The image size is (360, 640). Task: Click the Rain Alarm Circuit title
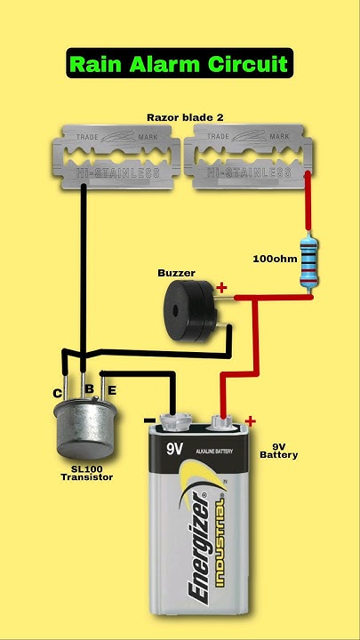coord(179,64)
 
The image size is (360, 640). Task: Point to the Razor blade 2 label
coord(180,116)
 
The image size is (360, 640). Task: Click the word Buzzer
coord(176,273)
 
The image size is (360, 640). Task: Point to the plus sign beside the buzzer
coord(221,287)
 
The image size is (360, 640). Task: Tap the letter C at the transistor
coord(58,393)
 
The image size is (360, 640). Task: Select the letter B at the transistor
coord(89,388)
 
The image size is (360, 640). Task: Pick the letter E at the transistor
coord(112,389)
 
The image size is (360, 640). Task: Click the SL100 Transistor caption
coord(86,473)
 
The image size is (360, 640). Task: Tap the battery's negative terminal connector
coord(174,416)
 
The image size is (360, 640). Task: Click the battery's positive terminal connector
coord(222,416)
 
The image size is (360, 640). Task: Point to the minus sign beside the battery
coord(149,420)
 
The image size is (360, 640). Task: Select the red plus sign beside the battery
coord(250,421)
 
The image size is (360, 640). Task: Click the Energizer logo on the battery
coord(199,542)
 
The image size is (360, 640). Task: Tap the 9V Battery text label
coord(278,450)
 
